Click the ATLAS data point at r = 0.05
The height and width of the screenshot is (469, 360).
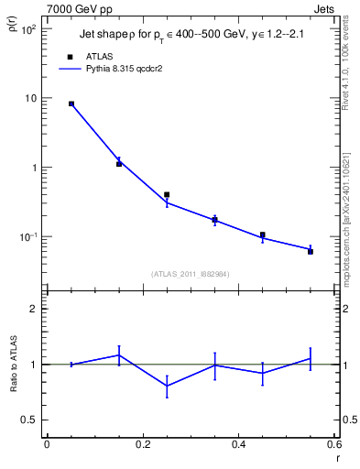click(71, 104)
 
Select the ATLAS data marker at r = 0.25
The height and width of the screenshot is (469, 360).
click(167, 194)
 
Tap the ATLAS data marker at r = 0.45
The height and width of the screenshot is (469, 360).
click(263, 235)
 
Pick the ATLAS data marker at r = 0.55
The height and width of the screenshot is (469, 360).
click(311, 251)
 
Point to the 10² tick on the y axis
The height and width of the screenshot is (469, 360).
click(27, 29)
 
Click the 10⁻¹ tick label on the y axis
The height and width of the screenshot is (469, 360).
click(27, 237)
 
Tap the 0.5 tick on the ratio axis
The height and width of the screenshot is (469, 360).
click(31, 420)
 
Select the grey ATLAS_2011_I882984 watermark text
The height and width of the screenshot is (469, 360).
click(191, 273)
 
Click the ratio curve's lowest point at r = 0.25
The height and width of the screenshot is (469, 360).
click(167, 386)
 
